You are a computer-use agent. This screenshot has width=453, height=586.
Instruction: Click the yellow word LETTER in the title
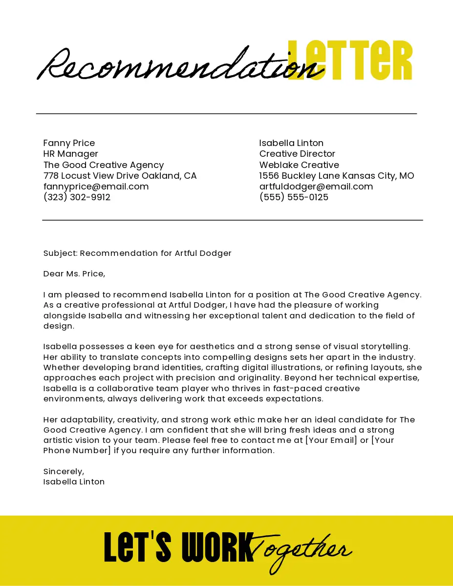point(350,61)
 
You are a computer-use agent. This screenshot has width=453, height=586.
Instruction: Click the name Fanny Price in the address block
point(69,143)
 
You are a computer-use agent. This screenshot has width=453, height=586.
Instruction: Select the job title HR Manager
point(71,154)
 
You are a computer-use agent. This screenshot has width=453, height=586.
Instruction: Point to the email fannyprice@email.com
point(96,187)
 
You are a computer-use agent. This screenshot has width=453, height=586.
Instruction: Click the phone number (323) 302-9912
point(77,197)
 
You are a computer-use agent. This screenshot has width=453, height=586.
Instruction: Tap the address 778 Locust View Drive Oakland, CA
point(120,176)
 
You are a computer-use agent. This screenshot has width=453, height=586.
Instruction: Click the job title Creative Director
point(297,154)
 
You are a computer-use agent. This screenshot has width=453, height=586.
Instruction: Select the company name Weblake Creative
point(299,165)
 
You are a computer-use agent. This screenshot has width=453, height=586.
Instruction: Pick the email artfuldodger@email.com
point(316,187)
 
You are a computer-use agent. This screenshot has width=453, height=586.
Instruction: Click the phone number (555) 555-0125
point(294,197)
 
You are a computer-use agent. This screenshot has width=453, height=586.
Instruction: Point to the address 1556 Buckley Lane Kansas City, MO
point(336,176)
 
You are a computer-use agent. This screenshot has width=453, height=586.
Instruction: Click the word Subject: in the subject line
point(60,253)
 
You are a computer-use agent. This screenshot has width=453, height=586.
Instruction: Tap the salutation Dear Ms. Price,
point(74,274)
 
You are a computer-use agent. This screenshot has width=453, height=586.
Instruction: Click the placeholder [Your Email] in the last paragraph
point(331,440)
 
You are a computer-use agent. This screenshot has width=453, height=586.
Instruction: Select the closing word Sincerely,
point(64,472)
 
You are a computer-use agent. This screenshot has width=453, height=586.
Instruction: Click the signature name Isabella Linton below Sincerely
point(74,482)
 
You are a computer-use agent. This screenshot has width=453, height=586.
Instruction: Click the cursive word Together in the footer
point(301,551)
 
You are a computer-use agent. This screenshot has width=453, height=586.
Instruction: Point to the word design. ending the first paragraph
point(59,326)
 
